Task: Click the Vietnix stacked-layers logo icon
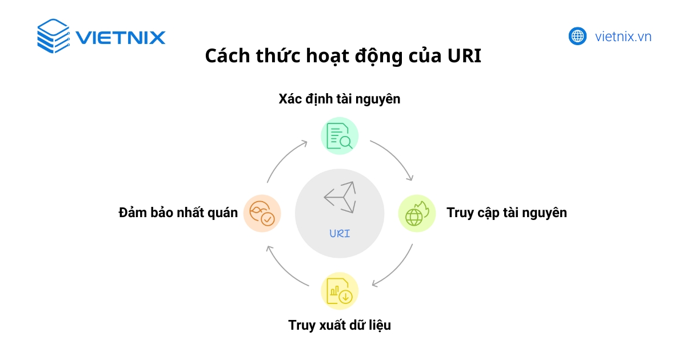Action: (x=53, y=36)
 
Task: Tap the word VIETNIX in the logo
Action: (x=120, y=38)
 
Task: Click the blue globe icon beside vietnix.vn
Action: (x=578, y=37)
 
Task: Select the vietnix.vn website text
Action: (x=623, y=37)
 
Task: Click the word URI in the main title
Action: (x=464, y=57)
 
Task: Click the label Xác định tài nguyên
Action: (x=340, y=99)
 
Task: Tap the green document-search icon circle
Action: (x=340, y=136)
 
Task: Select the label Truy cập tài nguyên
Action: (x=506, y=213)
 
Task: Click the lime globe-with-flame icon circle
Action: (x=417, y=213)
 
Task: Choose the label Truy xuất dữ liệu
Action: (x=340, y=326)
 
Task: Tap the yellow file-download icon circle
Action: (x=340, y=291)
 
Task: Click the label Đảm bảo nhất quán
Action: (x=178, y=213)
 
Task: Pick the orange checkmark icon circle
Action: (x=262, y=213)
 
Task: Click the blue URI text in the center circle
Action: (x=340, y=233)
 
